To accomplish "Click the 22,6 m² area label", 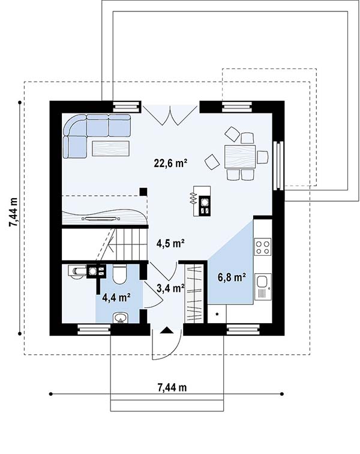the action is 170,163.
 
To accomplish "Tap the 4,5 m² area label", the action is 170,243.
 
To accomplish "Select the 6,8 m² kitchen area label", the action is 232,277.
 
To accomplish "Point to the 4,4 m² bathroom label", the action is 116,297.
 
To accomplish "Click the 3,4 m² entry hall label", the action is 170,288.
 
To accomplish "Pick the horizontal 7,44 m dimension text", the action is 172,387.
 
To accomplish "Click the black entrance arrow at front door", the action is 167,330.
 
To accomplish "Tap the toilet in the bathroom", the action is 119,274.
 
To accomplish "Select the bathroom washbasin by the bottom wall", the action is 120,318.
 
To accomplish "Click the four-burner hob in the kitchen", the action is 263,246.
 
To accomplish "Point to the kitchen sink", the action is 263,286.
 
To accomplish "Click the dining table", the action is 240,157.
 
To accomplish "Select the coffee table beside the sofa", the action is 110,148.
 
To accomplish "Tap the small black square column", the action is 143,192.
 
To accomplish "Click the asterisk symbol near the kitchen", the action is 217,314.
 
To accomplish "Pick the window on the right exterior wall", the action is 278,165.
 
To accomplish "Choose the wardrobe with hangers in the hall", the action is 194,293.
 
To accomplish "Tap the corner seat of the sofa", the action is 74,125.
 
